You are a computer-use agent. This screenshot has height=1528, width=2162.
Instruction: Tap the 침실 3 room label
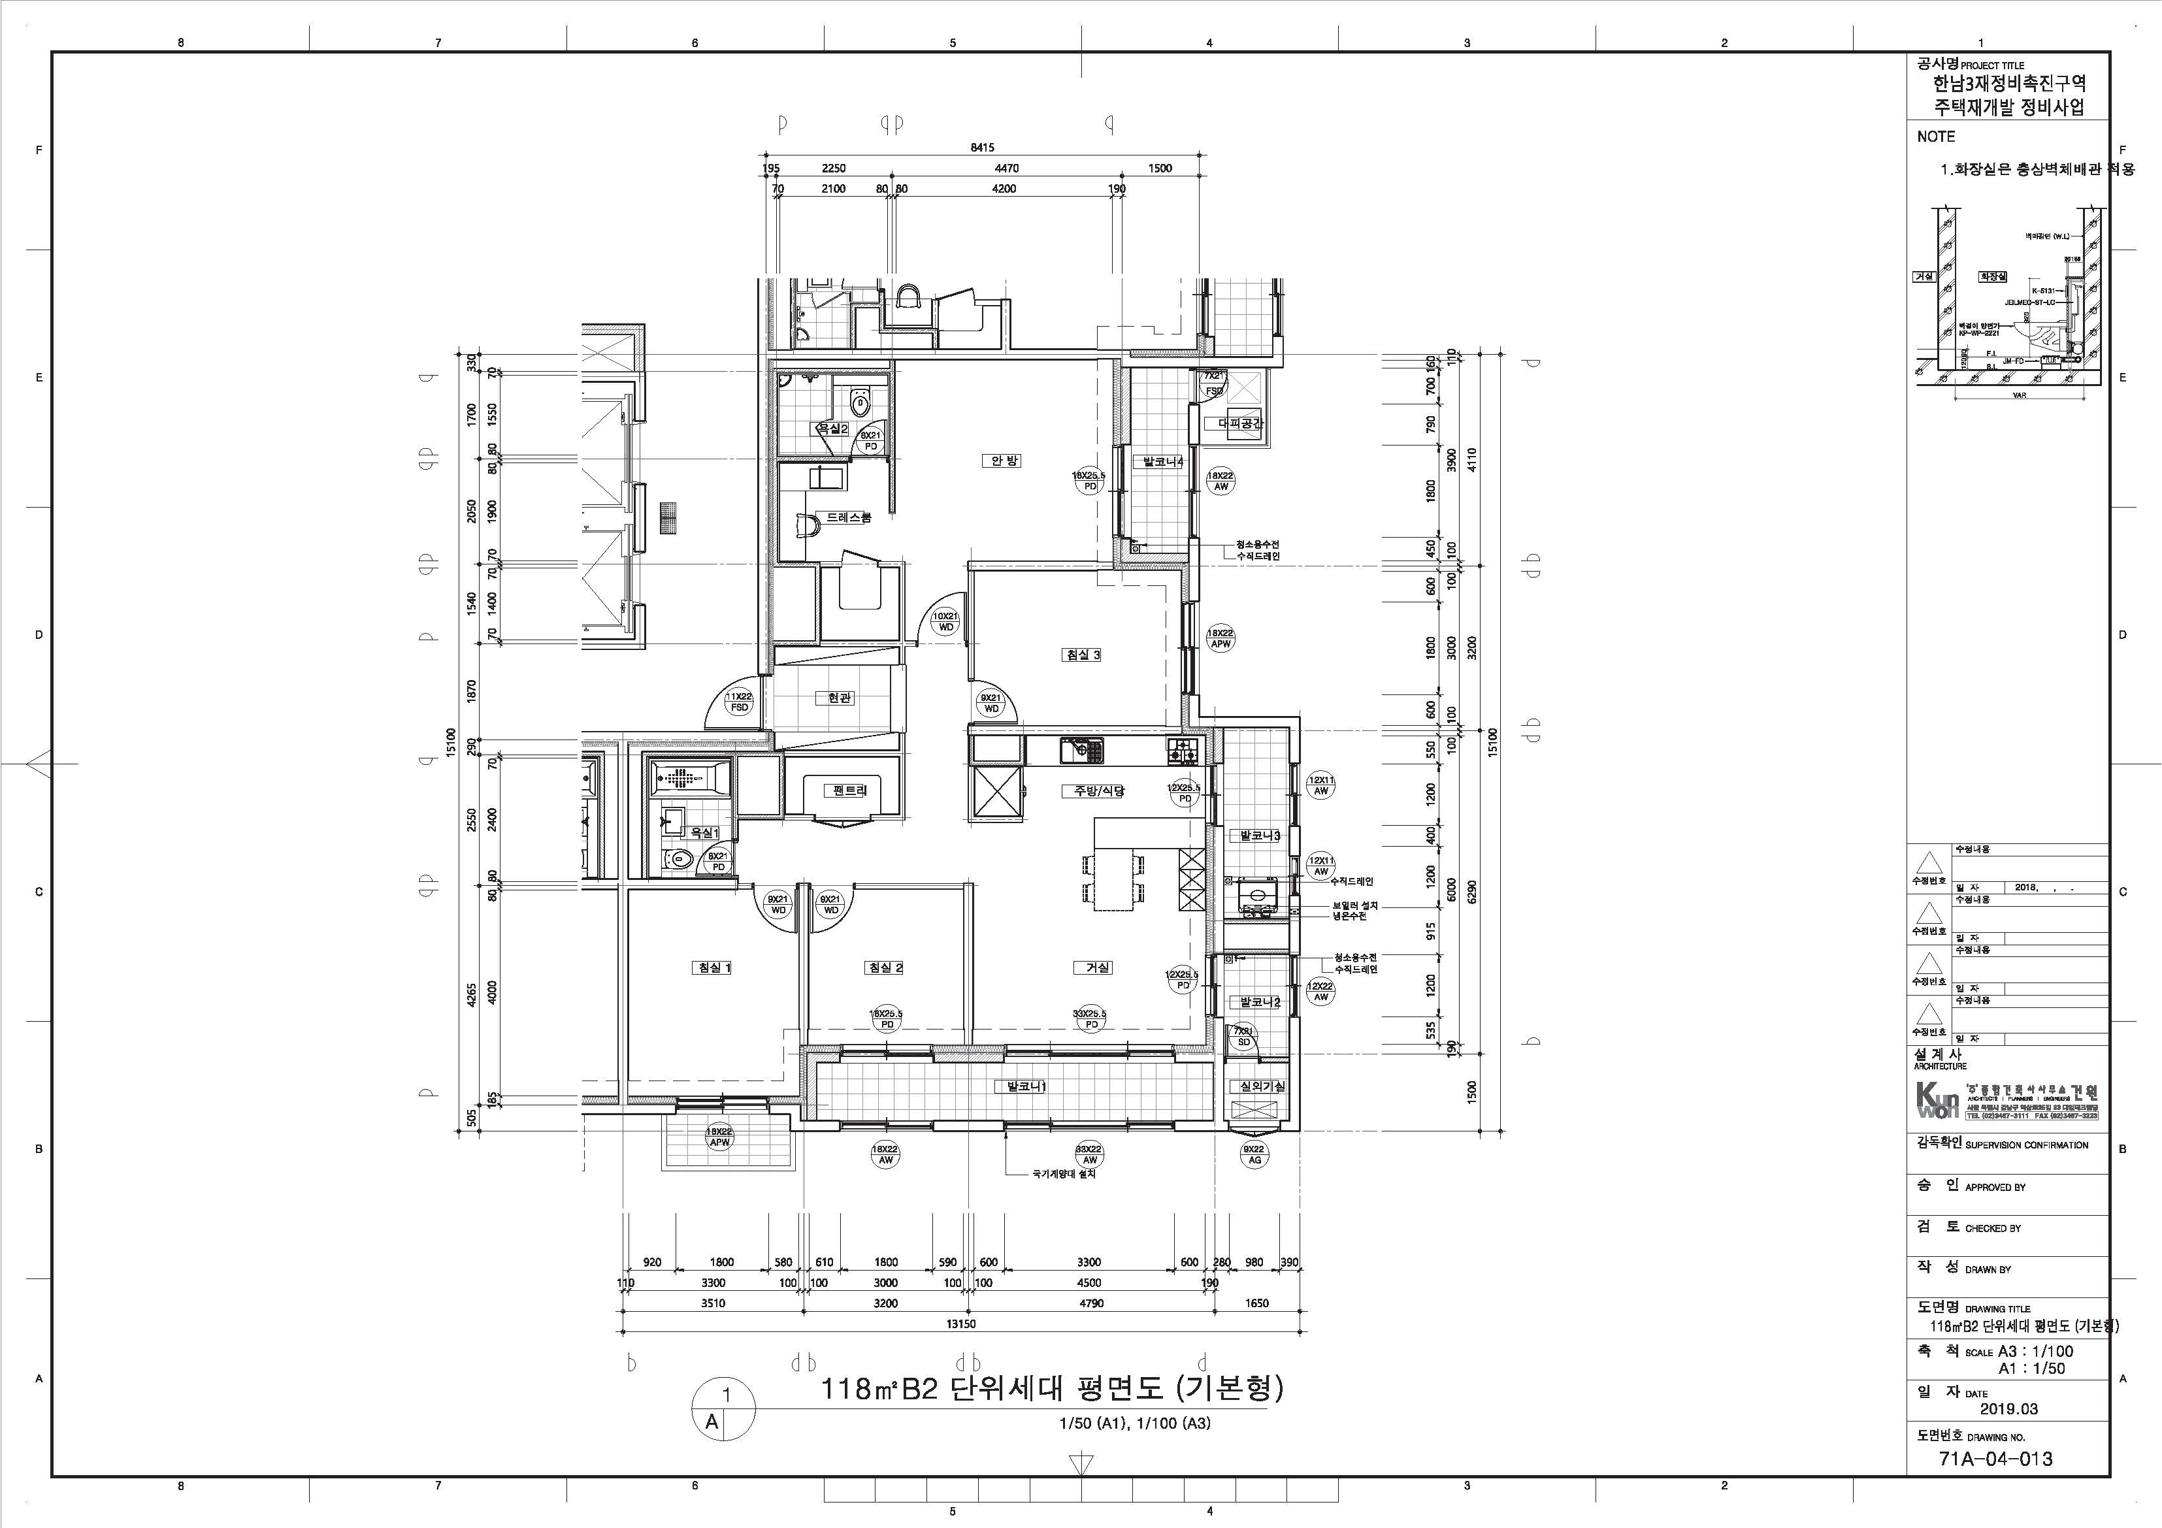click(x=1082, y=655)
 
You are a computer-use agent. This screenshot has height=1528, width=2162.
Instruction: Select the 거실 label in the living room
click(x=1098, y=967)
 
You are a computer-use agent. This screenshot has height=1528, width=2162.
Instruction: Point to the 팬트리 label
click(x=849, y=791)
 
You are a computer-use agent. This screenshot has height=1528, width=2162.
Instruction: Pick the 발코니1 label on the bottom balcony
click(x=1026, y=1086)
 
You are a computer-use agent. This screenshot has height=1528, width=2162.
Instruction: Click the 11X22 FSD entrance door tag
click(x=739, y=702)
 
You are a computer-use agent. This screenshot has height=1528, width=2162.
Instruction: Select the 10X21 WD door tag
click(x=945, y=621)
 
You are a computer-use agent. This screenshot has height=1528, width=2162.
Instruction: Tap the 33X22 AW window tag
click(x=1089, y=1154)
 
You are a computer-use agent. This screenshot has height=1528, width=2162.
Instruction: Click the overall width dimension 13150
click(x=960, y=1324)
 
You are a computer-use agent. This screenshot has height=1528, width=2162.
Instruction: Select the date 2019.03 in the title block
click(x=2008, y=1408)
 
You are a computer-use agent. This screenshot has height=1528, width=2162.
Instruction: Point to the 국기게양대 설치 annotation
click(x=1064, y=1174)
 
